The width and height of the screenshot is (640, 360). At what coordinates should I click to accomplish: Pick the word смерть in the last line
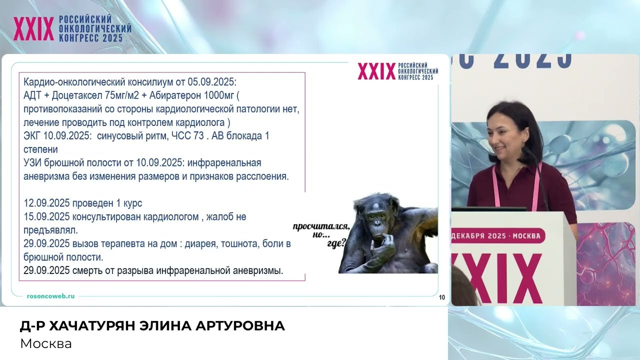point(88,271)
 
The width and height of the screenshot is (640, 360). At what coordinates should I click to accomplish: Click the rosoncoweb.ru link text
point(50,296)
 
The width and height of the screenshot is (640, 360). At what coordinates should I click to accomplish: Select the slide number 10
point(442,298)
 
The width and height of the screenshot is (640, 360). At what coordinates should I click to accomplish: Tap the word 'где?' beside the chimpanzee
point(336,245)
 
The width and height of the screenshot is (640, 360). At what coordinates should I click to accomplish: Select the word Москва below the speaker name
point(46,344)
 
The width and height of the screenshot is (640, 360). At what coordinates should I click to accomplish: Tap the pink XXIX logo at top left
point(33,29)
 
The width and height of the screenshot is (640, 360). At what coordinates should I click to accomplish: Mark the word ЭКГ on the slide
point(33,136)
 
